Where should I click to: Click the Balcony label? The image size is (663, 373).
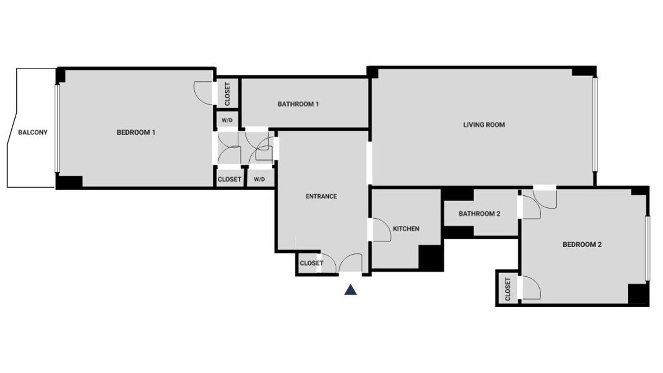coord(33,132)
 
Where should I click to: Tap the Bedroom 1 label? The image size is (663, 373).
coord(136,132)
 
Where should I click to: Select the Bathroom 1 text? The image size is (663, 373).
coord(298,104)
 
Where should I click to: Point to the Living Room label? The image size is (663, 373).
coord(484,125)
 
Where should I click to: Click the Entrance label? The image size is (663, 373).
coord(321,196)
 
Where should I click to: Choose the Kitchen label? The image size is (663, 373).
coord(406,229)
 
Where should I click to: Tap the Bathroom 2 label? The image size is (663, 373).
coord(479,214)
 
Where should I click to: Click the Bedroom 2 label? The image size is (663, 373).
coord(582,245)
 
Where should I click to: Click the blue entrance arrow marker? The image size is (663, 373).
coord(351,290)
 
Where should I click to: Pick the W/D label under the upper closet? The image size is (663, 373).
coord(227,121)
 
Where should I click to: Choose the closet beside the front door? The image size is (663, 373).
coord(308,263)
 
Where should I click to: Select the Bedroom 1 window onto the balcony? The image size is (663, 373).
coord(57,128)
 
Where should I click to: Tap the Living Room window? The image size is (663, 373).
coord(595,124)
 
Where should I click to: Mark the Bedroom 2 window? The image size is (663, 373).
coord(647,248)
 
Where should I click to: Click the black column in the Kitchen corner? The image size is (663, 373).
coord(430,257)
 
